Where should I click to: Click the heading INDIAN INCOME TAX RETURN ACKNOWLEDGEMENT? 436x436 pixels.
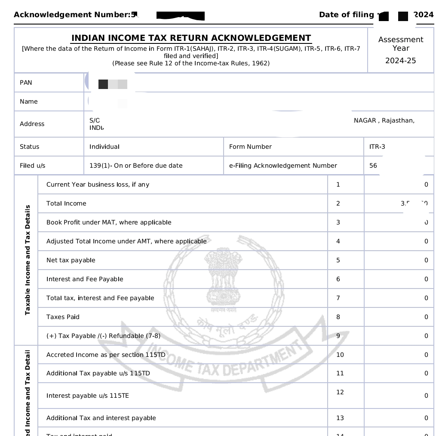click(x=191, y=38)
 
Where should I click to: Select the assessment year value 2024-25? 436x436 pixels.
click(x=400, y=61)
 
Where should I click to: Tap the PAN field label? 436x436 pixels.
click(x=26, y=83)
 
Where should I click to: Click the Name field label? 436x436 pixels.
click(x=29, y=101)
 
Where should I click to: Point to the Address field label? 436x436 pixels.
click(x=32, y=124)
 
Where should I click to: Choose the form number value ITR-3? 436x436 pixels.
click(x=377, y=147)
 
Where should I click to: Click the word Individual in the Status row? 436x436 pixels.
click(x=104, y=147)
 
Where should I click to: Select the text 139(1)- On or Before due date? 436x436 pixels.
click(x=136, y=166)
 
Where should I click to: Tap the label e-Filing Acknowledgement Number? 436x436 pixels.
click(x=283, y=166)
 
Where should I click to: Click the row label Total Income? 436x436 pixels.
click(x=66, y=203)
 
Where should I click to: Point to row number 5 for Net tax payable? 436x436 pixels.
click(x=338, y=260)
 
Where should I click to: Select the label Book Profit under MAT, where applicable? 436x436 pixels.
click(x=109, y=222)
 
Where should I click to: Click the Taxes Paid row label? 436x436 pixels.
click(x=63, y=317)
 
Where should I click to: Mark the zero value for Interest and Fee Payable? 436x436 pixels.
click(x=426, y=279)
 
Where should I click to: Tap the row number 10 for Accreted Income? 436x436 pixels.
click(x=340, y=355)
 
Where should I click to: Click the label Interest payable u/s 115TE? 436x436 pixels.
click(x=88, y=396)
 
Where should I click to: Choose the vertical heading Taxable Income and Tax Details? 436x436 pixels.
click(x=28, y=260)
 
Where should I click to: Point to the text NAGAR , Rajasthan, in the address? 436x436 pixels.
click(x=384, y=120)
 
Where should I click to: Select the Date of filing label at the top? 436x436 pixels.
click(x=346, y=15)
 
